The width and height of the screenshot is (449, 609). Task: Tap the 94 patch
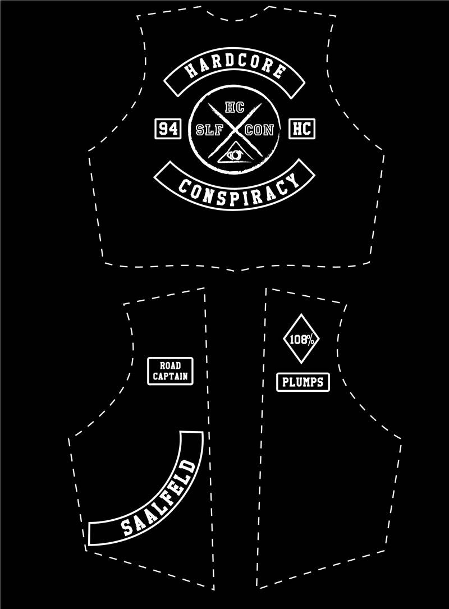click(168, 129)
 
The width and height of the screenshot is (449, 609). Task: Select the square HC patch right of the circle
click(302, 129)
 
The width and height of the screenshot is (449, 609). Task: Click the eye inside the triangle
click(235, 154)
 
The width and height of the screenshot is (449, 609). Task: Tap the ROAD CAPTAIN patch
click(170, 371)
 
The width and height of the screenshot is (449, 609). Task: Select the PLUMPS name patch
click(303, 382)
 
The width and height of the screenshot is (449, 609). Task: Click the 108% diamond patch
click(301, 339)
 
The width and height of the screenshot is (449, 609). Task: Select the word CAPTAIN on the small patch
click(170, 376)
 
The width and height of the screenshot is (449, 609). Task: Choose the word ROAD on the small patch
click(170, 365)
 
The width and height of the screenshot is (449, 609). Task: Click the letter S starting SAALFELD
click(127, 529)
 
